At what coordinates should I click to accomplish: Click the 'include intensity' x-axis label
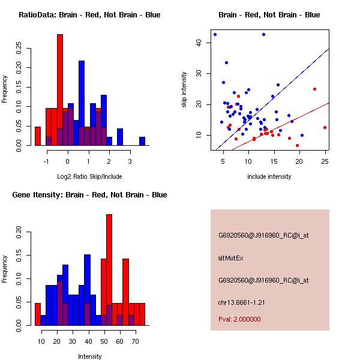[269, 176]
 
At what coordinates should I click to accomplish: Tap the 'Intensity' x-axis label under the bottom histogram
[89, 356]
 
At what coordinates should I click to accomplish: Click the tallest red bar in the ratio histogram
[60, 90]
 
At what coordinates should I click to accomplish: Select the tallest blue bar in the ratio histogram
[82, 102]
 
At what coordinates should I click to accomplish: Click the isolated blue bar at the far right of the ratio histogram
[142, 141]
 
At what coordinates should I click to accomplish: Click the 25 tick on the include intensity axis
[325, 161]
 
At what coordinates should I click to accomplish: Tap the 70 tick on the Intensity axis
[136, 341]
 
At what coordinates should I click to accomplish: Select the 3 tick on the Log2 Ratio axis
[131, 161]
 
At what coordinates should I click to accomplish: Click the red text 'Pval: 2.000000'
[239, 319]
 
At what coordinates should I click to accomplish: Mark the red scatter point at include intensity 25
[325, 127]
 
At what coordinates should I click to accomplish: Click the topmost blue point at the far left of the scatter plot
[215, 35]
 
